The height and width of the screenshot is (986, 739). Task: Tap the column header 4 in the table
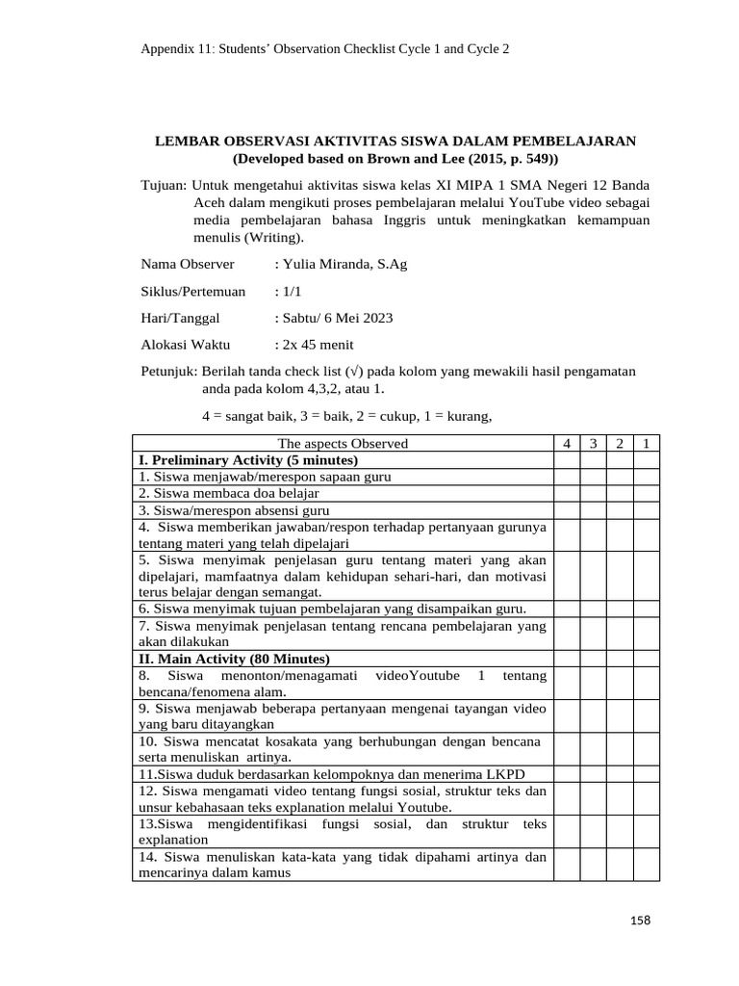click(x=567, y=443)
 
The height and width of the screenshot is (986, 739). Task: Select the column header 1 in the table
click(x=647, y=443)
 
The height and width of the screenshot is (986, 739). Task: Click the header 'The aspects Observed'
click(x=343, y=443)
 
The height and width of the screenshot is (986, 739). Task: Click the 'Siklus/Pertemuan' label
click(x=193, y=291)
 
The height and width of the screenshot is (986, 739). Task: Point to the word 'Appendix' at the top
click(x=168, y=47)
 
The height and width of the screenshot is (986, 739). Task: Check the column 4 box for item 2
click(x=567, y=493)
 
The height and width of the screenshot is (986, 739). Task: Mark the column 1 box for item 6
click(x=647, y=609)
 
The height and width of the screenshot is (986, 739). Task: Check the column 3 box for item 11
click(x=594, y=775)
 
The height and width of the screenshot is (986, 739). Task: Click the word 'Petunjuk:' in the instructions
click(x=169, y=371)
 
